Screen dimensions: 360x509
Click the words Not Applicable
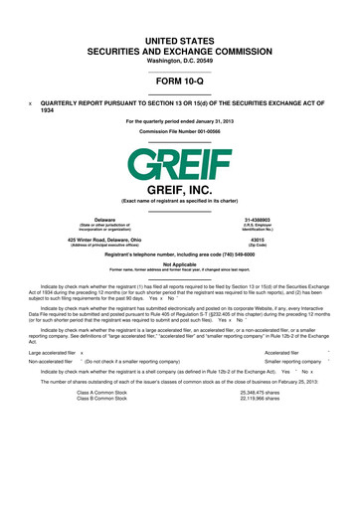[180, 263]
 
